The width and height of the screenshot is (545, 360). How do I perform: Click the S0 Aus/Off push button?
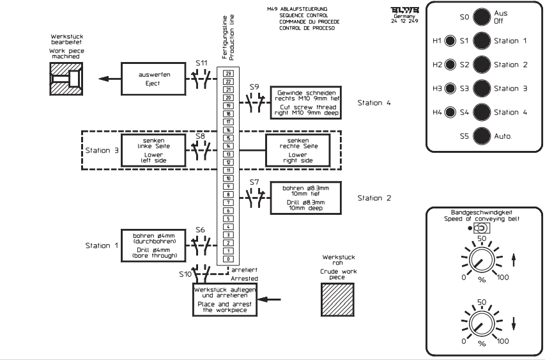[x=482, y=17]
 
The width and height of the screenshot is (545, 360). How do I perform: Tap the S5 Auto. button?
[x=482, y=136]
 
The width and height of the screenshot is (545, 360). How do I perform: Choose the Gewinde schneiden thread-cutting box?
[x=305, y=102]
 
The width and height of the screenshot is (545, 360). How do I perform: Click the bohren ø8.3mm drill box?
[x=305, y=198]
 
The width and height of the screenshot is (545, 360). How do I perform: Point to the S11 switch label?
[x=201, y=64]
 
